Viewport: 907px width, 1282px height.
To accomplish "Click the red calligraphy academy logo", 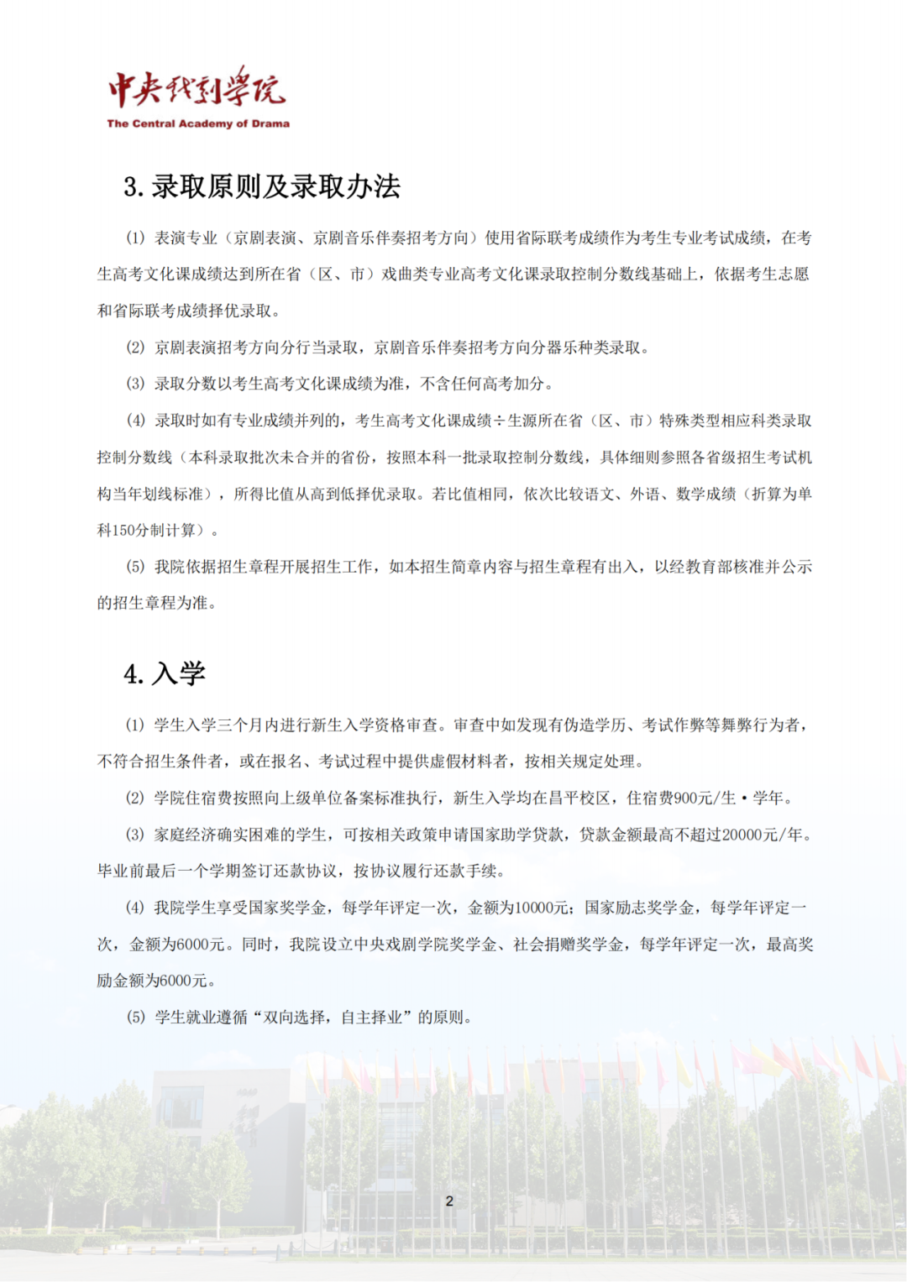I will point(197,88).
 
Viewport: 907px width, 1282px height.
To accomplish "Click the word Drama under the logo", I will point(270,123).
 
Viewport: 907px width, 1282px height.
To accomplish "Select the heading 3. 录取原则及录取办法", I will point(262,186).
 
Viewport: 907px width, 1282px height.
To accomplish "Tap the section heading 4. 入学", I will point(165,673).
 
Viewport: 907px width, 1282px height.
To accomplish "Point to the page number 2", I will point(449,1201).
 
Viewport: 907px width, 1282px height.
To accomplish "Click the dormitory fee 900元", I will point(690,798).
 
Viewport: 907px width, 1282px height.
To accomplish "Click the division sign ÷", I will point(500,421).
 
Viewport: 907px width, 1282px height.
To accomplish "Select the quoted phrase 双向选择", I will point(294,1018).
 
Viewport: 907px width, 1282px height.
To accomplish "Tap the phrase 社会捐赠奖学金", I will point(568,944).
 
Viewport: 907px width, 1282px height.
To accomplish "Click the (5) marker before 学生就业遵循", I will point(135,1018).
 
